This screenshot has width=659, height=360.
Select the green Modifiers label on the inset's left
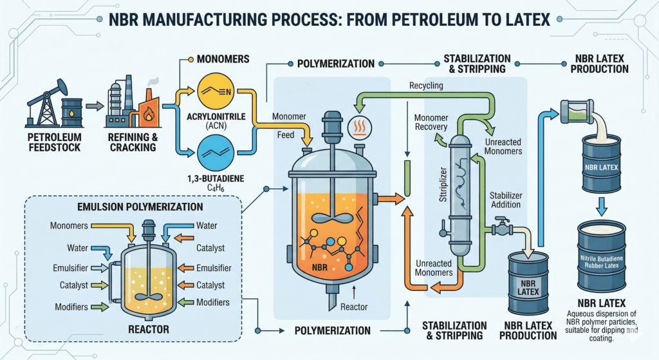69,307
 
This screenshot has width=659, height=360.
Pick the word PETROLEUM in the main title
389,20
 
